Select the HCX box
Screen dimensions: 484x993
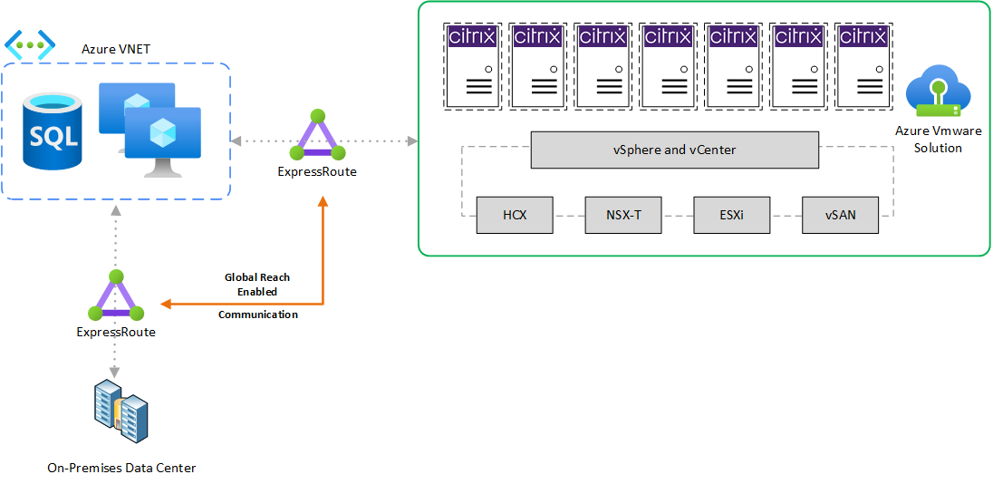515,216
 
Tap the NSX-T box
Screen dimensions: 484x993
623,216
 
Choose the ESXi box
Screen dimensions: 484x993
731,216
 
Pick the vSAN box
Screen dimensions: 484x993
840,216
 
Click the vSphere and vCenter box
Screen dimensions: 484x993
674,150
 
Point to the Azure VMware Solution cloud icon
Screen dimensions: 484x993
938,92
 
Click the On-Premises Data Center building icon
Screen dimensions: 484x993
121,412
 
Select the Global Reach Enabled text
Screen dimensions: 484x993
257,284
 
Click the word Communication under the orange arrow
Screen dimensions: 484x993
258,315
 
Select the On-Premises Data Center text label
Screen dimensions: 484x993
121,468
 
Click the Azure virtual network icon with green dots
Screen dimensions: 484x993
30,44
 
